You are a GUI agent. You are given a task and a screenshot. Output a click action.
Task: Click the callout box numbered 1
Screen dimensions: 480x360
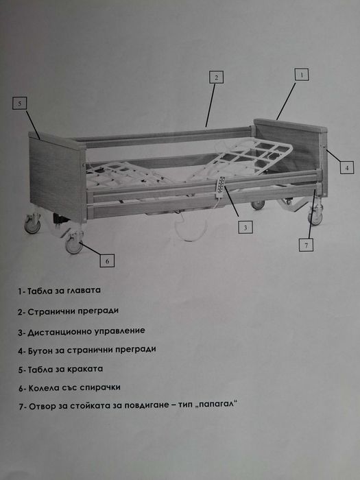point(302,74)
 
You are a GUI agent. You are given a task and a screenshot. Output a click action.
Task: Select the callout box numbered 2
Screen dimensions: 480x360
point(216,77)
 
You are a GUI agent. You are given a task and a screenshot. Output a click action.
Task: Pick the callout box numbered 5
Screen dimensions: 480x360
point(21,104)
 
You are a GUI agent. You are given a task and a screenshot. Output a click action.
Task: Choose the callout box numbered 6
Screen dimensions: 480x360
point(107,260)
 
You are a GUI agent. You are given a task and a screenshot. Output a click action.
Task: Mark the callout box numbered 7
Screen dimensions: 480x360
point(309,243)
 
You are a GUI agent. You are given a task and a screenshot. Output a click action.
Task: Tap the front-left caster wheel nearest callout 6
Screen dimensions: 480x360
point(74,244)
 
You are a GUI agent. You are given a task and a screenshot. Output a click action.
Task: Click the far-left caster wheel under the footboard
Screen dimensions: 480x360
point(32,225)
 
